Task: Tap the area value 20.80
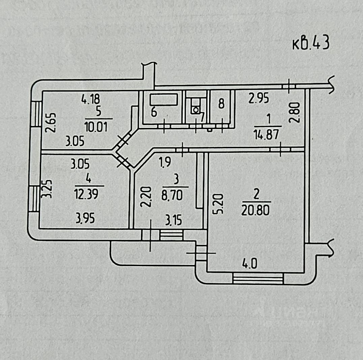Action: pyautogui.click(x=255, y=210)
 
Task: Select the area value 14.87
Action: pyautogui.click(x=267, y=134)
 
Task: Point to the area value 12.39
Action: pyautogui.click(x=86, y=194)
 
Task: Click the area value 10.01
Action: pyautogui.click(x=96, y=127)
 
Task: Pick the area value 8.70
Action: pyautogui.click(x=172, y=196)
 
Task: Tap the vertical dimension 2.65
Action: pyautogui.click(x=51, y=122)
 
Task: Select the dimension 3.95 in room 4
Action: pyautogui.click(x=85, y=218)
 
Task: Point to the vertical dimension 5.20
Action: pyautogui.click(x=218, y=204)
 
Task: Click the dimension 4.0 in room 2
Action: pyautogui.click(x=250, y=264)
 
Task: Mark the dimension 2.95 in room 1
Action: pyautogui.click(x=259, y=98)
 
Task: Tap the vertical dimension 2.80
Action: pyautogui.click(x=295, y=112)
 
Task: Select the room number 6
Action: pyautogui.click(x=154, y=112)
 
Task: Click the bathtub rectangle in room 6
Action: pyautogui.click(x=164, y=99)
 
